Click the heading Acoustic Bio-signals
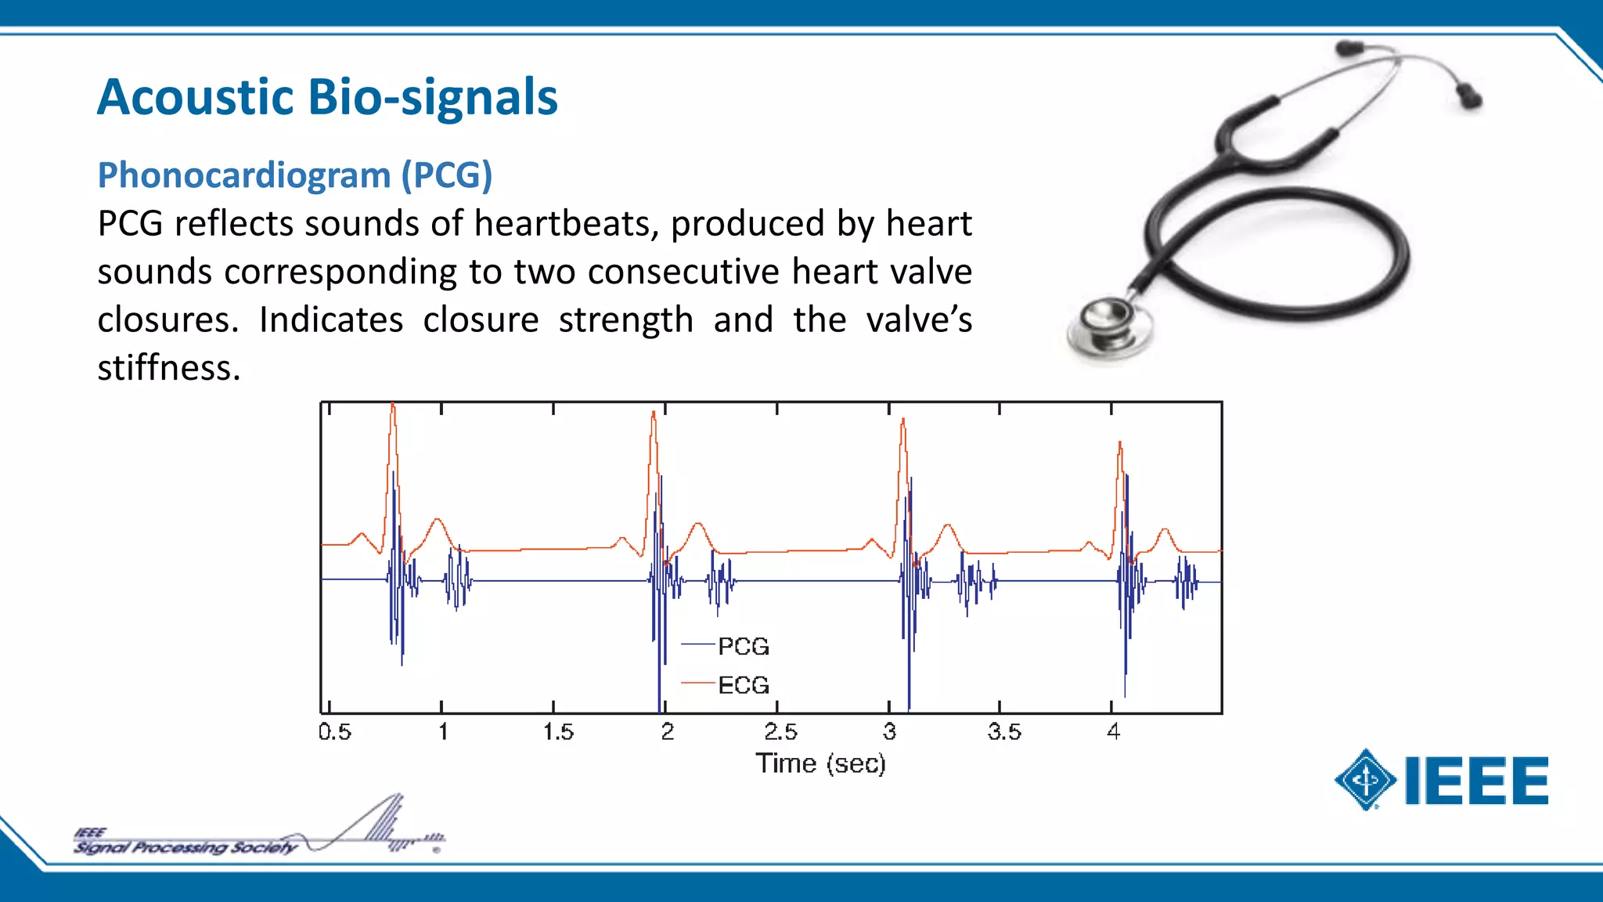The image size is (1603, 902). click(x=327, y=98)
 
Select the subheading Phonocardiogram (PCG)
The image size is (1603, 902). click(x=294, y=175)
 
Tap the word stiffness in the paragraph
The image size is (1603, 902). click(x=168, y=368)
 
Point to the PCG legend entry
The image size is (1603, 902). click(x=743, y=647)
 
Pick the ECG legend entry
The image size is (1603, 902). click(x=743, y=686)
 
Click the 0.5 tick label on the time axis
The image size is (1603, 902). click(x=335, y=732)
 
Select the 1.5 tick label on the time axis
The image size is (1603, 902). click(x=558, y=732)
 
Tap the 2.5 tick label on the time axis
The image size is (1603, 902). click(x=780, y=732)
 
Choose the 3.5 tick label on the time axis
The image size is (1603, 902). click(x=1004, y=732)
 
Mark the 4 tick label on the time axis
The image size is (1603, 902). click(x=1113, y=732)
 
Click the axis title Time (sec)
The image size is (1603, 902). click(x=820, y=763)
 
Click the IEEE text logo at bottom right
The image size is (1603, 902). click(x=1476, y=781)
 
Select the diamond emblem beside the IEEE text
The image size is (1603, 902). click(x=1366, y=780)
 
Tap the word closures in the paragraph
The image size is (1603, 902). click(x=167, y=320)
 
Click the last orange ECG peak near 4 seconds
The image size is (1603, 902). click(x=1120, y=447)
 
